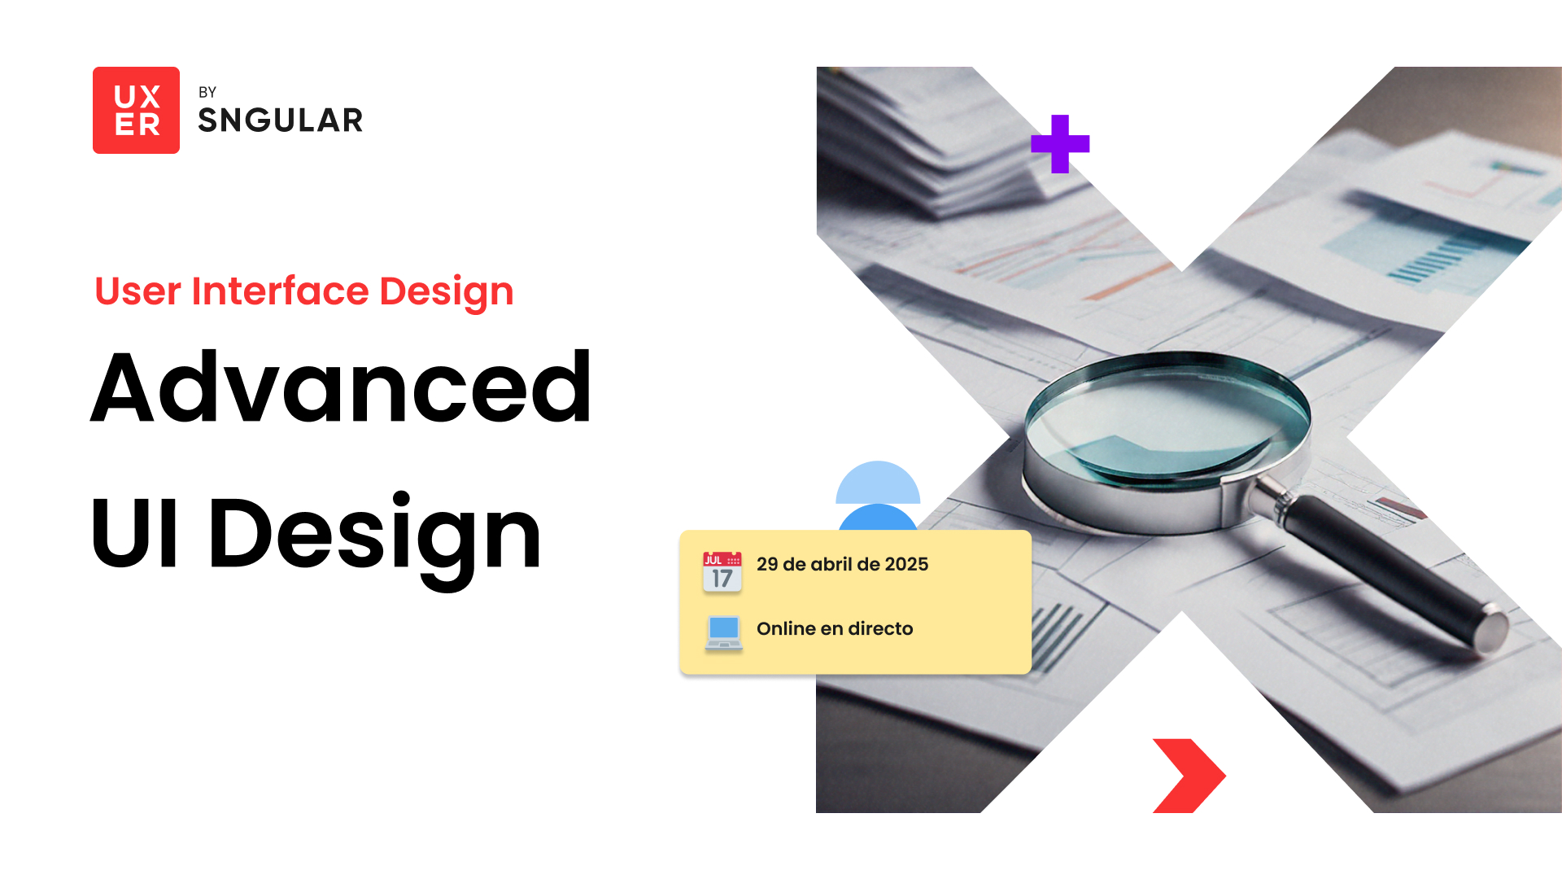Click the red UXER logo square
[136, 110]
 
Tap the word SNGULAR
[281, 120]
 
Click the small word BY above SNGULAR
[207, 92]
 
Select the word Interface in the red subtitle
[281, 291]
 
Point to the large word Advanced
[341, 387]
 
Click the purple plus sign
[1060, 144]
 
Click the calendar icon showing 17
[722, 571]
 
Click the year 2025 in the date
[906, 564]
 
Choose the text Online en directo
[835, 628]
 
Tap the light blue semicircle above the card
[878, 482]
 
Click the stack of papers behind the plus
[927, 138]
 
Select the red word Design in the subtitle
[447, 292]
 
